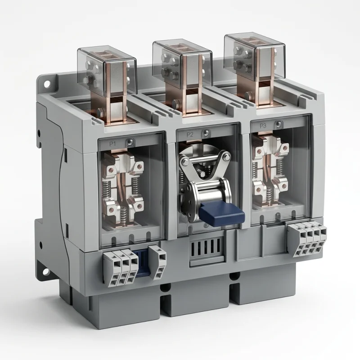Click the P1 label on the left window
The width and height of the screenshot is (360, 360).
pyautogui.click(x=112, y=144)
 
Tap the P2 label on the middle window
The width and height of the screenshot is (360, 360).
pyautogui.click(x=189, y=135)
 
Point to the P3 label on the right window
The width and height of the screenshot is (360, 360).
pyautogui.click(x=263, y=126)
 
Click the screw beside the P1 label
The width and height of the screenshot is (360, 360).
pyautogui.click(x=129, y=142)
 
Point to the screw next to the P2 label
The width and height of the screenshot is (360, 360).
pyautogui.click(x=207, y=132)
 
